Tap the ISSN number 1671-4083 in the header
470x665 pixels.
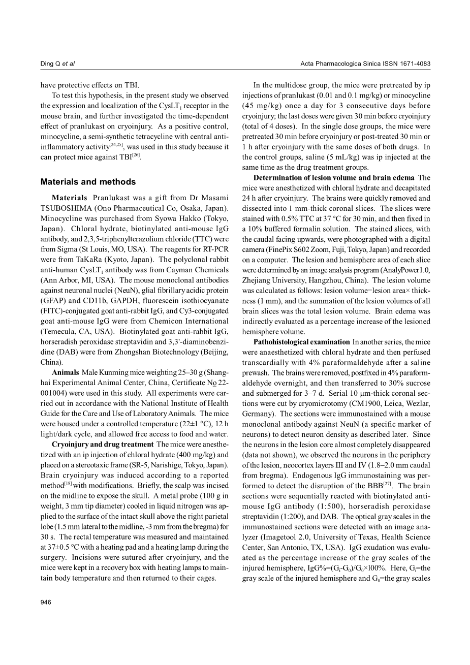click(x=415, y=64)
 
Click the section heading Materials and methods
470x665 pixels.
click(x=88, y=182)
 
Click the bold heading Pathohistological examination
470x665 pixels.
click(x=301, y=342)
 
